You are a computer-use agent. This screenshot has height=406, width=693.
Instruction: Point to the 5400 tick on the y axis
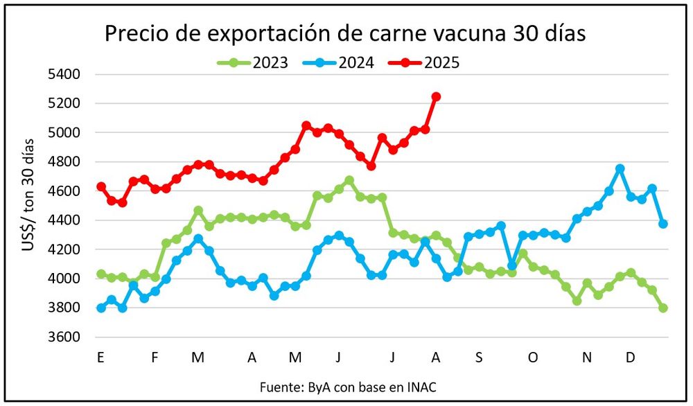[65, 74]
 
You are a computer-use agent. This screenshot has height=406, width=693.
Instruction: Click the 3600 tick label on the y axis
[65, 337]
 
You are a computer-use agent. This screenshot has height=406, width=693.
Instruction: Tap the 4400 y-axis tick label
[65, 220]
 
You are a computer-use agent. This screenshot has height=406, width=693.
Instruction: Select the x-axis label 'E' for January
[101, 358]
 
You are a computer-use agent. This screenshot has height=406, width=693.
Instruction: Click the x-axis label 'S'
[479, 358]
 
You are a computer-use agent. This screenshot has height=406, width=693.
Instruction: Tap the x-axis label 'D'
[631, 358]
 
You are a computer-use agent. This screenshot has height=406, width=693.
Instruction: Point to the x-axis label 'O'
[533, 358]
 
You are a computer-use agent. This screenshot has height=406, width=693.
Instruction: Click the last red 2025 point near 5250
[436, 97]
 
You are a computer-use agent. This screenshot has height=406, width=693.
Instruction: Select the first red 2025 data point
[101, 187]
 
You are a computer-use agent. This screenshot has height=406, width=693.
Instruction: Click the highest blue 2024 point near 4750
[620, 169]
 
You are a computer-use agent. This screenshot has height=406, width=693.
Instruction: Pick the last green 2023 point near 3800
[663, 308]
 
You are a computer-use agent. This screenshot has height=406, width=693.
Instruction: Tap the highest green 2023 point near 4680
[349, 180]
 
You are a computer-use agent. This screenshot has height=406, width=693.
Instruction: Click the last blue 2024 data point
[663, 224]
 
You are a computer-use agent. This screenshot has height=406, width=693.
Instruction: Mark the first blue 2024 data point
[101, 308]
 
